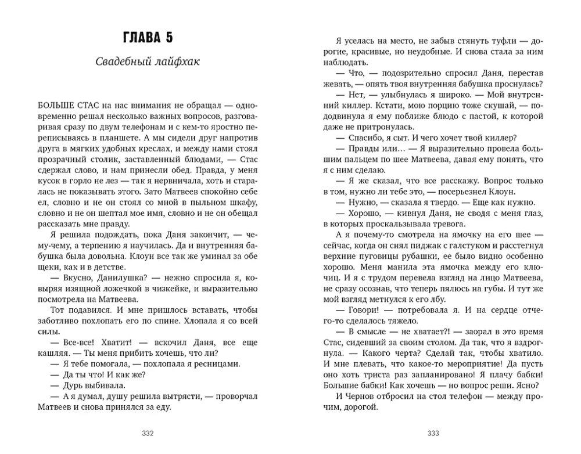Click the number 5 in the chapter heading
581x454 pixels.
pos(168,39)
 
